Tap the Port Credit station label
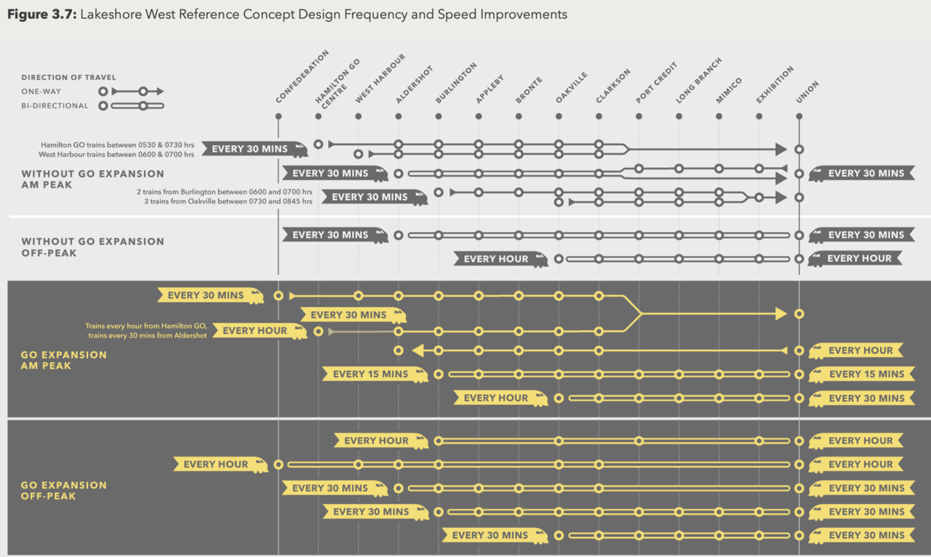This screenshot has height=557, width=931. tap(656, 83)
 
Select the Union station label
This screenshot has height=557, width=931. tap(807, 91)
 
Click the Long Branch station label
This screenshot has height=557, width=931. tap(698, 80)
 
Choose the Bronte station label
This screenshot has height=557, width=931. tap(529, 89)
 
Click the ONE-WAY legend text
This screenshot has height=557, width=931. tap(41, 92)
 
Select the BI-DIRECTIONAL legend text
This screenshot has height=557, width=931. tap(55, 106)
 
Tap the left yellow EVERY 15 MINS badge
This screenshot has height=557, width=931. tap(370, 374)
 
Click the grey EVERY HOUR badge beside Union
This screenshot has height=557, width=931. tap(858, 258)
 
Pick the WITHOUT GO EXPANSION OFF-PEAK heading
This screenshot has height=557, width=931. tap(92, 247)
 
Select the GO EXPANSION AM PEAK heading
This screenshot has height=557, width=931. tap(64, 361)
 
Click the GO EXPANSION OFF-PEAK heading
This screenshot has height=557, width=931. tap(64, 491)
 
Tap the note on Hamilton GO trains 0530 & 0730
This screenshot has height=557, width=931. tap(117, 145)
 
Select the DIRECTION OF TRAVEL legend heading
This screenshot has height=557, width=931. tap(68, 78)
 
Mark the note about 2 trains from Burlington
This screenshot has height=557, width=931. tap(225, 192)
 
